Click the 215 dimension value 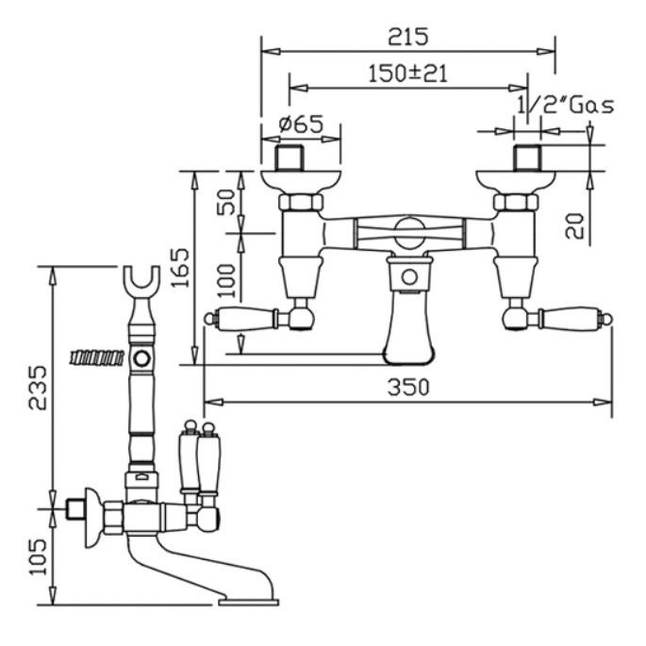coord(407,36)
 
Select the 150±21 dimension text coord(407,74)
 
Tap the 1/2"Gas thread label coord(565,106)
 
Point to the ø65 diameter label coord(301,124)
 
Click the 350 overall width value coord(408,388)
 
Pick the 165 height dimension coord(180,268)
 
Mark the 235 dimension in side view coord(38,388)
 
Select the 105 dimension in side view coord(38,556)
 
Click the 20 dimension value coord(574,225)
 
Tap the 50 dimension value coord(226,202)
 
